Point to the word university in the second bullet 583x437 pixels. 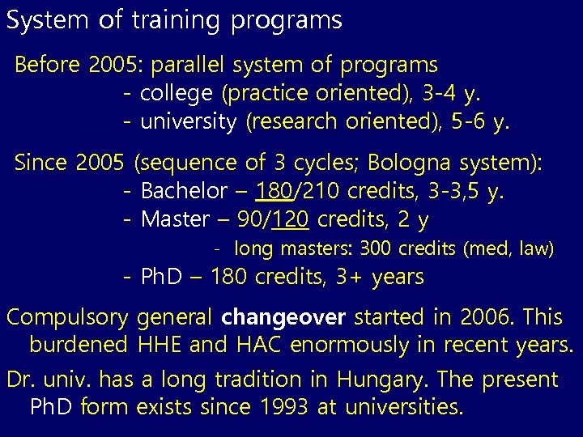(x=189, y=122)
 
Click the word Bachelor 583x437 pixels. (x=184, y=193)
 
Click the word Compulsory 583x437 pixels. (x=68, y=317)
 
